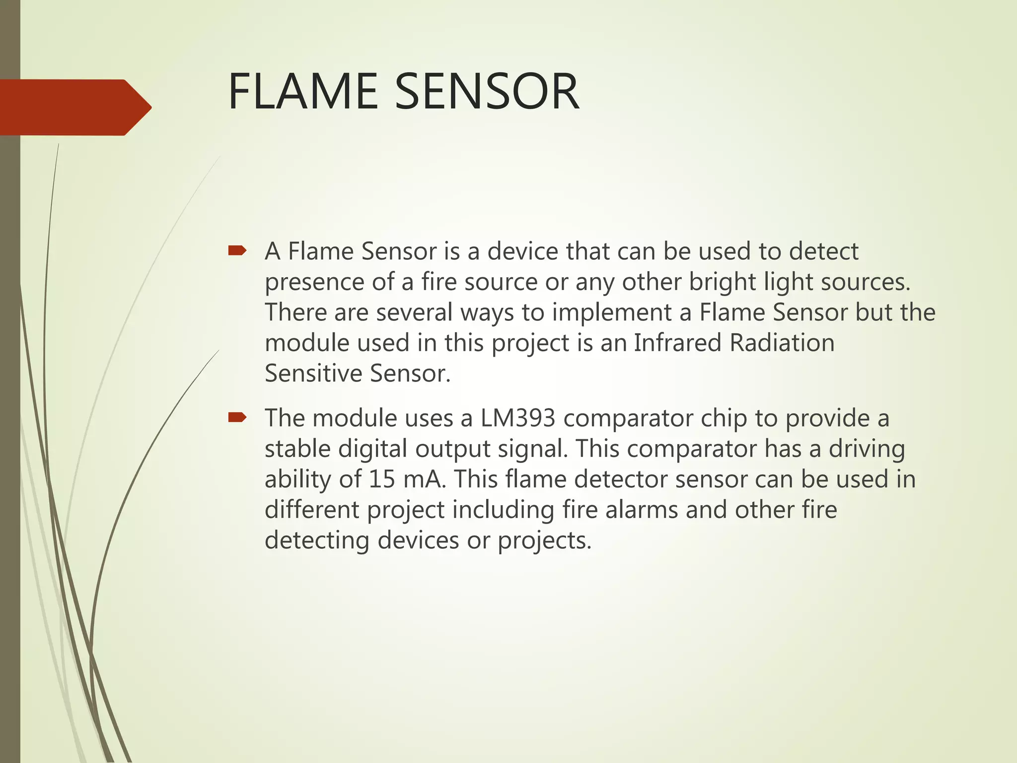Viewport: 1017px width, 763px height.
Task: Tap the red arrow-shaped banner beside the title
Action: click(74, 107)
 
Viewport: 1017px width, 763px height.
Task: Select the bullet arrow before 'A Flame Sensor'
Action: click(237, 251)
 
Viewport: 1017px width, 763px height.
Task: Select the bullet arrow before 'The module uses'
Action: click(237, 418)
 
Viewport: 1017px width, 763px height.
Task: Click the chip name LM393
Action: click(517, 418)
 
